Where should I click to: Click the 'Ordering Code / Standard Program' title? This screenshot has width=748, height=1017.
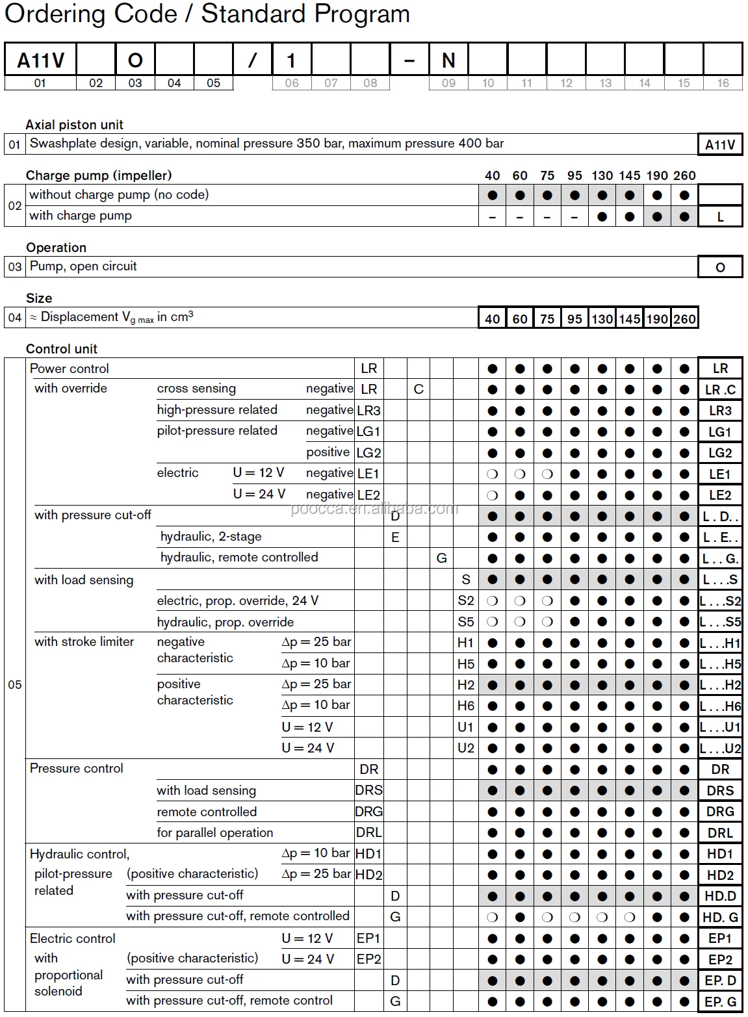[207, 14]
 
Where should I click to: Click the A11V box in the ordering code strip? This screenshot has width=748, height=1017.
[40, 60]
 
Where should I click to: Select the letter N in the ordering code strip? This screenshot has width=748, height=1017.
[448, 60]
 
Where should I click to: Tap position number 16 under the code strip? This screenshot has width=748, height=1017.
[723, 83]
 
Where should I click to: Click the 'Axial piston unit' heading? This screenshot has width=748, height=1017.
[74, 125]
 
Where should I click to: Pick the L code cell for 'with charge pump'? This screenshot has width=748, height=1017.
[720, 217]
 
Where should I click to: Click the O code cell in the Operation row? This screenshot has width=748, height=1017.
[720, 268]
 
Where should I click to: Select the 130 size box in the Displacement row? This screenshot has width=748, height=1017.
[602, 318]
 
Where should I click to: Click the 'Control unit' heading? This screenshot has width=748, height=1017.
[61, 349]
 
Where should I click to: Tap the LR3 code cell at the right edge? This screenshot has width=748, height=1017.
[720, 411]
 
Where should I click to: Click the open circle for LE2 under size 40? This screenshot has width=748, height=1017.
[493, 495]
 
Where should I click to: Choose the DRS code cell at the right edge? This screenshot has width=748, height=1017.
[720, 791]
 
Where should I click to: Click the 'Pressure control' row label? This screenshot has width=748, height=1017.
[76, 769]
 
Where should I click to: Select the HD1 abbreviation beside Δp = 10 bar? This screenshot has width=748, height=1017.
[368, 854]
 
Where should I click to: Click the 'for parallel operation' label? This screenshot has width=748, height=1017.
[214, 833]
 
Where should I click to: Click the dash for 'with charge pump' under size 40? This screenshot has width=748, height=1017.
[493, 217]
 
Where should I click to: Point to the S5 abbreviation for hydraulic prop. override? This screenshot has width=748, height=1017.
[465, 622]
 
